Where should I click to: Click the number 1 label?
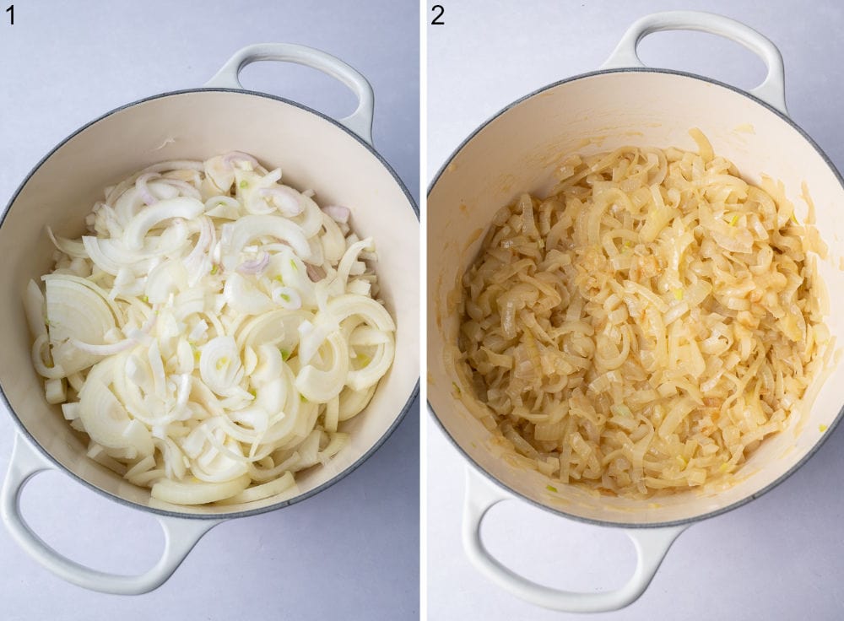pyautogui.click(x=10, y=14)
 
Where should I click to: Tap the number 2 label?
pyautogui.click(x=437, y=14)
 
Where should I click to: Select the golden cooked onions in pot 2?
pyautogui.click(x=641, y=321)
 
